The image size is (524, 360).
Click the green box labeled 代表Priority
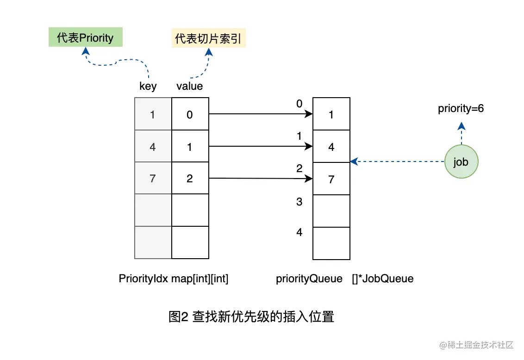click(x=86, y=37)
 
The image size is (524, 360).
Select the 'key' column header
click(x=148, y=86)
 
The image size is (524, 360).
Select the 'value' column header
click(x=189, y=86)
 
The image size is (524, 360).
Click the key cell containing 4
click(x=153, y=147)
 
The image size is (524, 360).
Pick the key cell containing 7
click(x=153, y=178)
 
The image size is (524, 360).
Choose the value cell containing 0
click(x=190, y=114)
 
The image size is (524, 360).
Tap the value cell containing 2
click(x=190, y=178)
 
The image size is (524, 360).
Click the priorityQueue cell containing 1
click(x=331, y=114)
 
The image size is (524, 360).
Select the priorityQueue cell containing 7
click(x=331, y=179)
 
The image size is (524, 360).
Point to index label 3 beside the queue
click(x=299, y=202)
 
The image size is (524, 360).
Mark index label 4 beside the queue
click(x=299, y=232)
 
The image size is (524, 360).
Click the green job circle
click(x=461, y=162)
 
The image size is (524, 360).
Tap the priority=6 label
click(x=461, y=109)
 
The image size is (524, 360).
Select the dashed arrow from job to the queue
click(x=398, y=161)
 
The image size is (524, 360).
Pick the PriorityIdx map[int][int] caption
click(x=174, y=279)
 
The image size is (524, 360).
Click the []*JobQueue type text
click(x=382, y=279)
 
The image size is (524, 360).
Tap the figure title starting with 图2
click(x=251, y=317)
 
